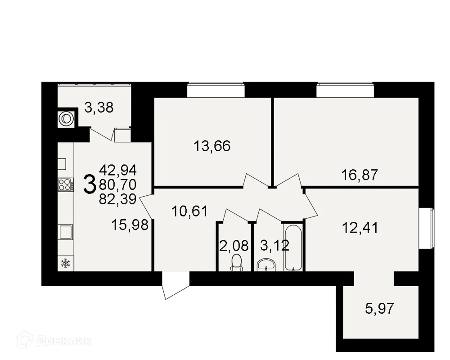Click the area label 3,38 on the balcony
99,108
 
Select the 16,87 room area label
359,174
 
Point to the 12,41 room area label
360,228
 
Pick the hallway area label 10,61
189,211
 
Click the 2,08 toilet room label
234,246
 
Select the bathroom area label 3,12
275,246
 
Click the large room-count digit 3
90,184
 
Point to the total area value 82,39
118,199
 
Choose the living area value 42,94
118,170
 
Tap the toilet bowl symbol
237,263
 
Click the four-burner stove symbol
66,184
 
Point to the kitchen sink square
66,232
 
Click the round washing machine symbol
66,118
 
